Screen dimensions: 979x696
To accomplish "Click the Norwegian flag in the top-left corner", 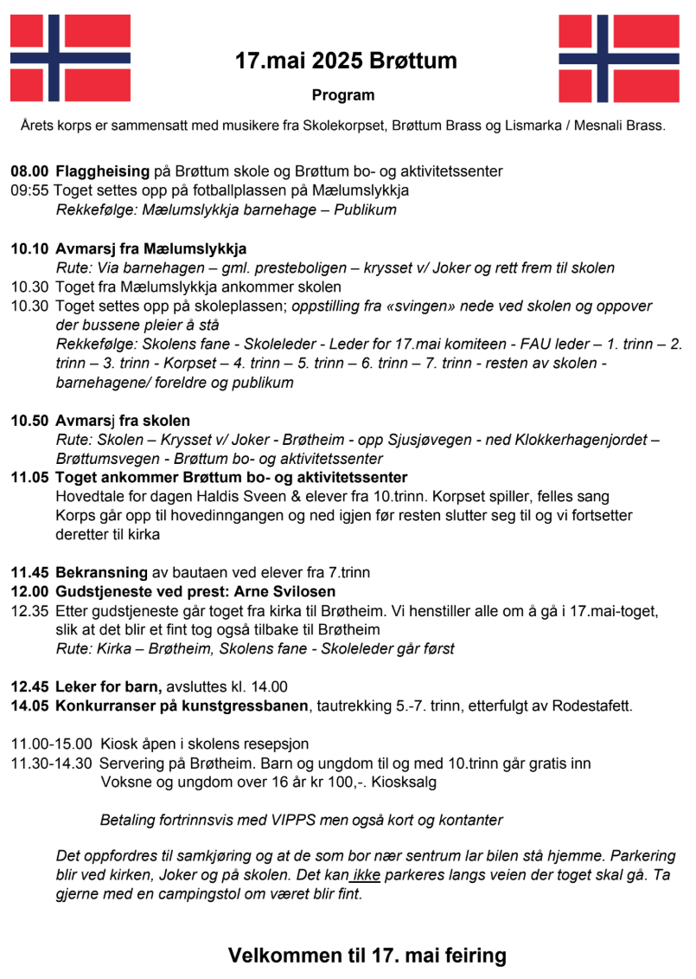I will pos(58,58).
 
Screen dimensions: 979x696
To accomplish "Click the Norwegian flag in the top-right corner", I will pos(607,58).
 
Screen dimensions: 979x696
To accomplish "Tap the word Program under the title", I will pos(343,95).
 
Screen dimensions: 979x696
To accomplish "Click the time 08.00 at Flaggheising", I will pos(29,171).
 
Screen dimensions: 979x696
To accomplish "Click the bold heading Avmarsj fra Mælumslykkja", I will pos(150,248).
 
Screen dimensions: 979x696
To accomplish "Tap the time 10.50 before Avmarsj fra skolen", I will pos(29,421).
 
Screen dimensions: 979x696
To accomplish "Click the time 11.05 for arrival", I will pos(29,478).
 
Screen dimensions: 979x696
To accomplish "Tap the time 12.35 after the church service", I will pos(29,611).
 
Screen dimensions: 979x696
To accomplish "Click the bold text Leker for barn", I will pos(109,686).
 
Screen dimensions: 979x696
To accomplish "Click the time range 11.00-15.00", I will pos(51,744).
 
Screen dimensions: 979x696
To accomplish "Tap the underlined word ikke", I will pos(367,876).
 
